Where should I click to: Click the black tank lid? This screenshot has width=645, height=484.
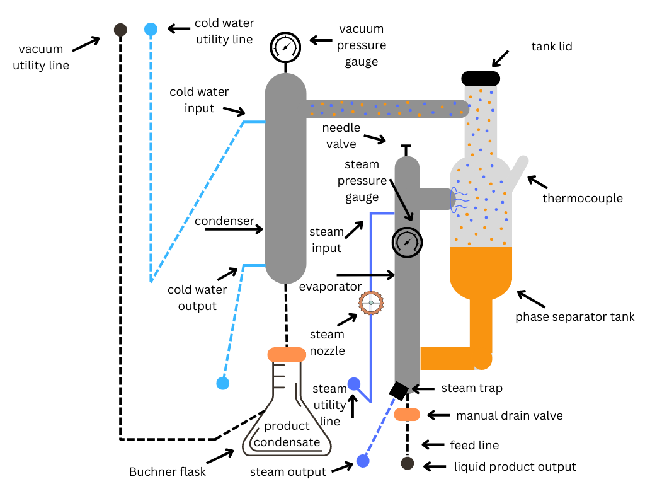(x=481, y=78)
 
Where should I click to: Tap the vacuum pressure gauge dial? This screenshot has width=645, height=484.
(x=285, y=47)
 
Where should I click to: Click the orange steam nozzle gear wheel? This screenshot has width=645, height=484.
(x=370, y=303)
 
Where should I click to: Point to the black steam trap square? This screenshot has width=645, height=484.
(x=399, y=391)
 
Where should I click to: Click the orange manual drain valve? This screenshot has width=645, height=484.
(x=407, y=415)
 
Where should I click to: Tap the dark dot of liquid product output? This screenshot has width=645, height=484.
(x=408, y=464)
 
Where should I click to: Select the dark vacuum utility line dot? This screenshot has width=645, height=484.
(x=120, y=29)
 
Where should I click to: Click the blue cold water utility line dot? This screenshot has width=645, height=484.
(x=151, y=29)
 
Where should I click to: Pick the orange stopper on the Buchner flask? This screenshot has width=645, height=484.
(x=287, y=355)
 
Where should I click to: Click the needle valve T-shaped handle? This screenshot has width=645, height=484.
(x=406, y=149)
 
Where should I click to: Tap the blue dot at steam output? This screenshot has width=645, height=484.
(x=362, y=461)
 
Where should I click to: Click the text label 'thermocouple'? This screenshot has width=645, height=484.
(x=583, y=199)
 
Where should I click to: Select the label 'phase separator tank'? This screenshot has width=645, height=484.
(x=574, y=317)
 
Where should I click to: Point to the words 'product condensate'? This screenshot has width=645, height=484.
(x=287, y=434)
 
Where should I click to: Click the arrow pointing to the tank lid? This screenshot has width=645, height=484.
(x=501, y=58)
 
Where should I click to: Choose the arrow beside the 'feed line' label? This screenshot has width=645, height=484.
(x=433, y=445)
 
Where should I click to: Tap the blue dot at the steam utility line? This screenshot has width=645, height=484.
(x=354, y=384)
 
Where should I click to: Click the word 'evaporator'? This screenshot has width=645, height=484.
(x=331, y=287)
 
